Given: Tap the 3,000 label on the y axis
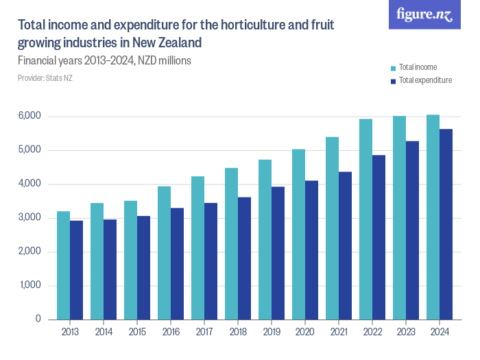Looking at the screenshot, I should [30, 218].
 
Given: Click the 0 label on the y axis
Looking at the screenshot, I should [38, 320].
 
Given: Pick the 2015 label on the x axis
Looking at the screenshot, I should [137, 332].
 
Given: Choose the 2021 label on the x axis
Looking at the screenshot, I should [339, 332].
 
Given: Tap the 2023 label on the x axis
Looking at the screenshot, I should [406, 332].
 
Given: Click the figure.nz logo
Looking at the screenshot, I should [424, 14].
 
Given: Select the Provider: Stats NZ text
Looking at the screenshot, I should [45, 78].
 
